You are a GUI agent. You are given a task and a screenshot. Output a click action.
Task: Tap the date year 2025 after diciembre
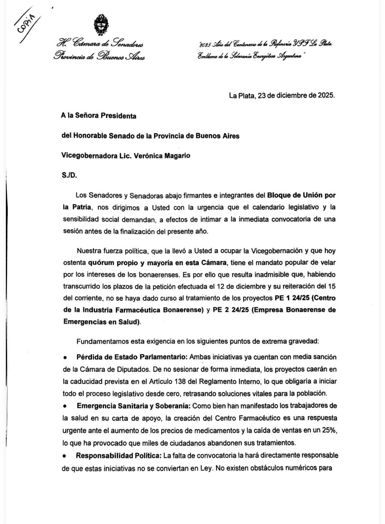325,96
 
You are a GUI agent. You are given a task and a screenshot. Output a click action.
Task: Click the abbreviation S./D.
69,176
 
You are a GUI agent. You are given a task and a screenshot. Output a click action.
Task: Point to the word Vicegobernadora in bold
87,156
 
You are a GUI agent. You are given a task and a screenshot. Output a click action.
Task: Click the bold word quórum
102,263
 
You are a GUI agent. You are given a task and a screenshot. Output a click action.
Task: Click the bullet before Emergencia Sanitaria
65,406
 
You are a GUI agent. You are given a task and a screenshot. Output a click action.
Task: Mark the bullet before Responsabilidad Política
65,456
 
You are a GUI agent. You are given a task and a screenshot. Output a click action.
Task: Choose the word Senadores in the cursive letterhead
126,43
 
